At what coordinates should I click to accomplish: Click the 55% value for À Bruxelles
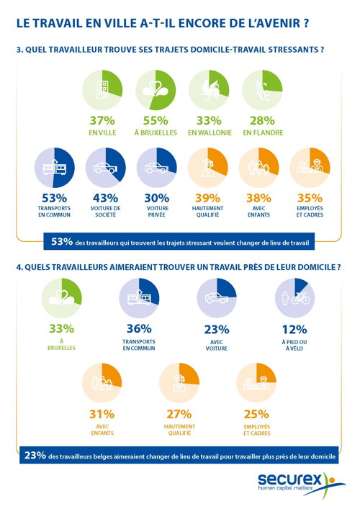click(156, 121)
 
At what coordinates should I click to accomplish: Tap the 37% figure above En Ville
click(102, 121)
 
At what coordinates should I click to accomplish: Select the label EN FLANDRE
click(264, 132)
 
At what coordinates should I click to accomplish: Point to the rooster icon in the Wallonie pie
click(209, 89)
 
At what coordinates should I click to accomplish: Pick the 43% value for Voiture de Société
click(106, 198)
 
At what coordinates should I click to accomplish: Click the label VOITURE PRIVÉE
click(157, 212)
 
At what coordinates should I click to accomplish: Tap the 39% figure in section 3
click(208, 198)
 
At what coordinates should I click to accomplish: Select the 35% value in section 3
click(310, 198)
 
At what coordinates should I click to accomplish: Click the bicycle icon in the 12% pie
click(300, 298)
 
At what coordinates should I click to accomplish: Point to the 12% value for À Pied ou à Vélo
click(294, 330)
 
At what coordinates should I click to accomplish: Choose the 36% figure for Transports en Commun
click(139, 328)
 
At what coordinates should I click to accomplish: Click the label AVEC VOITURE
click(217, 345)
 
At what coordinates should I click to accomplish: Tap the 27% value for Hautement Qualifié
click(179, 414)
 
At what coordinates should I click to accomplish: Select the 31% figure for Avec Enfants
click(102, 414)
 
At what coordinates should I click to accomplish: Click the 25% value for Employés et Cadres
click(256, 414)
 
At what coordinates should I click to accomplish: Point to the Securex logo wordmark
click(289, 479)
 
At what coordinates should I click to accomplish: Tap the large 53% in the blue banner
click(62, 241)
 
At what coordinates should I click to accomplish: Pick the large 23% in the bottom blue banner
click(35, 456)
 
